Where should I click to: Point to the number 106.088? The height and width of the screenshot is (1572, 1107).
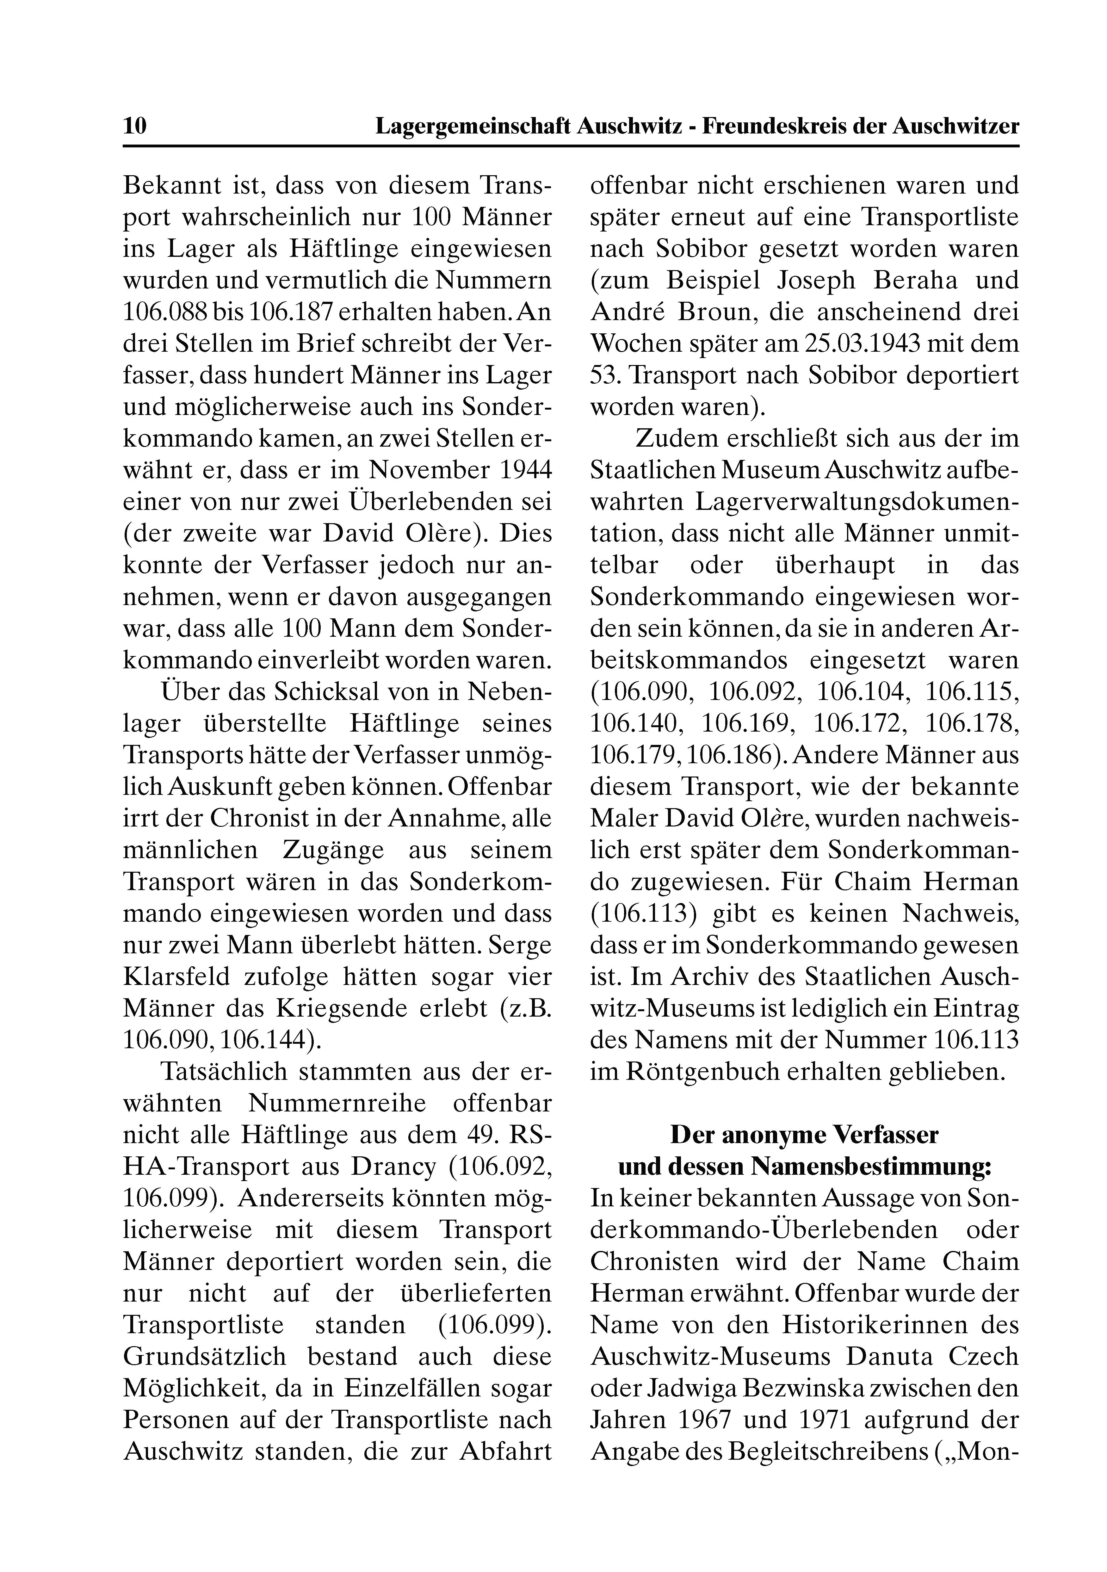click(x=164, y=312)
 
